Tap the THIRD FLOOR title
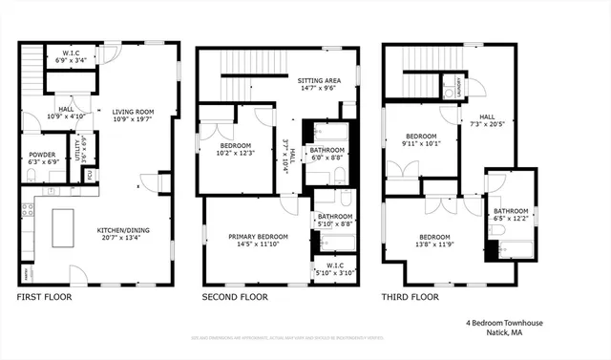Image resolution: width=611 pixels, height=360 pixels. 411,297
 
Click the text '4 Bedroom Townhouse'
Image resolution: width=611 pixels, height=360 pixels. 504,324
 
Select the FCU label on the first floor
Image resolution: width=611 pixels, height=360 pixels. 91,176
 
